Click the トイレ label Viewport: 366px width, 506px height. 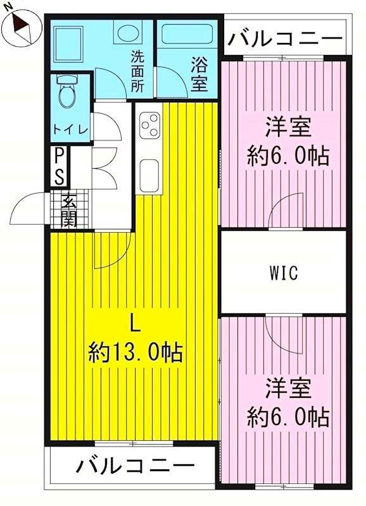pos(70,128)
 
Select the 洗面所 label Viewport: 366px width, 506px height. pos(137,72)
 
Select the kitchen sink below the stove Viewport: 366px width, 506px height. pos(149,171)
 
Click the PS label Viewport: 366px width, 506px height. pos(59,166)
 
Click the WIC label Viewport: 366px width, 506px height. pos(283,274)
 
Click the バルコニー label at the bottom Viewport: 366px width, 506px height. pos(136,467)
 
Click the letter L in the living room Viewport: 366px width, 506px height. pos(134,323)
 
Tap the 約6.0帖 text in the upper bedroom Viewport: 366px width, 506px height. pos(287,156)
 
